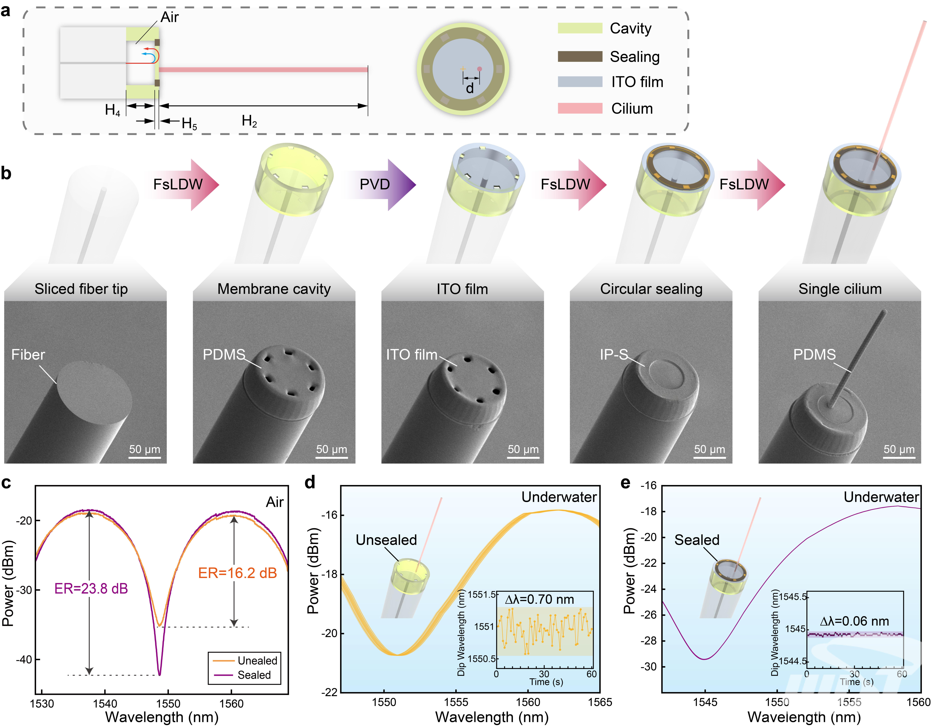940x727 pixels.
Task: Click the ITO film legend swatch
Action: [580, 82]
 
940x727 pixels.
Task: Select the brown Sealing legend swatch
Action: [580, 56]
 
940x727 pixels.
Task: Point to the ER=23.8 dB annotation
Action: [91, 588]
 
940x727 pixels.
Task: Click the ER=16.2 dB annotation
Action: [237, 573]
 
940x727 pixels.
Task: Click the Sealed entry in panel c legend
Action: [254, 675]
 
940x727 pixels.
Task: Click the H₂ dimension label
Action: [249, 121]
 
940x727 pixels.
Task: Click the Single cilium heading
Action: [840, 289]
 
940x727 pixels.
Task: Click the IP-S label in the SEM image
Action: [614, 355]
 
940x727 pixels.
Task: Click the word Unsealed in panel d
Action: [386, 540]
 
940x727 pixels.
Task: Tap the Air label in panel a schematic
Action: [170, 17]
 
